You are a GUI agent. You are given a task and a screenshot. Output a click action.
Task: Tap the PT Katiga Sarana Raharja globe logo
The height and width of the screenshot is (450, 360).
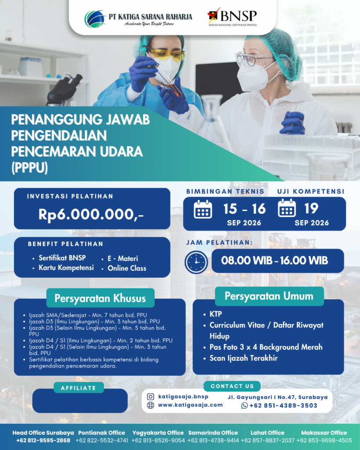tap(95, 19)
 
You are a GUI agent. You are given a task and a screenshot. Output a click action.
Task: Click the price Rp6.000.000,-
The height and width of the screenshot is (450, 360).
tap(91, 214)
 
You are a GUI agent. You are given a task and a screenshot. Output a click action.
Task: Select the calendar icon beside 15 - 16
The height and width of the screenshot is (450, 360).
tap(203, 210)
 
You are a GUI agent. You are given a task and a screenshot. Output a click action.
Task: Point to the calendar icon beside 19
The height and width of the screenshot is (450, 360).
tap(287, 208)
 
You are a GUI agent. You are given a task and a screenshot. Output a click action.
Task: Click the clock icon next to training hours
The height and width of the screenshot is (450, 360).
tap(196, 262)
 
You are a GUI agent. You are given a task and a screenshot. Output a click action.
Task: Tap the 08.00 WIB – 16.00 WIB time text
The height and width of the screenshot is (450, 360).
tap(274, 261)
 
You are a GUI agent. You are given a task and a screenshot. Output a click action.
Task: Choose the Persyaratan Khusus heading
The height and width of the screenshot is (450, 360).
tap(100, 298)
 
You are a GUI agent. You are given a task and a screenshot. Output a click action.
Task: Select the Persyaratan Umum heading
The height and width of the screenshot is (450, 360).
tap(269, 296)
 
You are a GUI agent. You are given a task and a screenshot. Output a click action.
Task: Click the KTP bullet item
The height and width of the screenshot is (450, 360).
tap(215, 314)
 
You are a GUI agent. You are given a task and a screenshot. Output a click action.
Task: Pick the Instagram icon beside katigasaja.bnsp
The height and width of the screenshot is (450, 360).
tap(150, 397)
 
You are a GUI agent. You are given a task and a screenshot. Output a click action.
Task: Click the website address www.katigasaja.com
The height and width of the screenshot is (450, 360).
tap(190, 405)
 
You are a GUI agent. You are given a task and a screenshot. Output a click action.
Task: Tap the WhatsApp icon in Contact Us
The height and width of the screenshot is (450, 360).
tap(244, 406)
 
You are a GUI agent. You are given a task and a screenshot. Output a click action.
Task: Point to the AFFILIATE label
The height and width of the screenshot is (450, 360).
tap(78, 388)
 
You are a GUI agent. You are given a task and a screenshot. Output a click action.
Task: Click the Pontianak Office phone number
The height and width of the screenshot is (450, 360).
tap(102, 440)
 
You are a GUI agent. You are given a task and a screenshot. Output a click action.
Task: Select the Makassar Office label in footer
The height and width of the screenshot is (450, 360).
tap(324, 432)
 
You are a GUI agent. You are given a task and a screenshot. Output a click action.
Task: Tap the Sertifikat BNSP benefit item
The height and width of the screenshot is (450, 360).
tap(62, 258)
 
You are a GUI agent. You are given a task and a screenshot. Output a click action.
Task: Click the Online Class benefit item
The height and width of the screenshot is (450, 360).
tap(127, 268)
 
